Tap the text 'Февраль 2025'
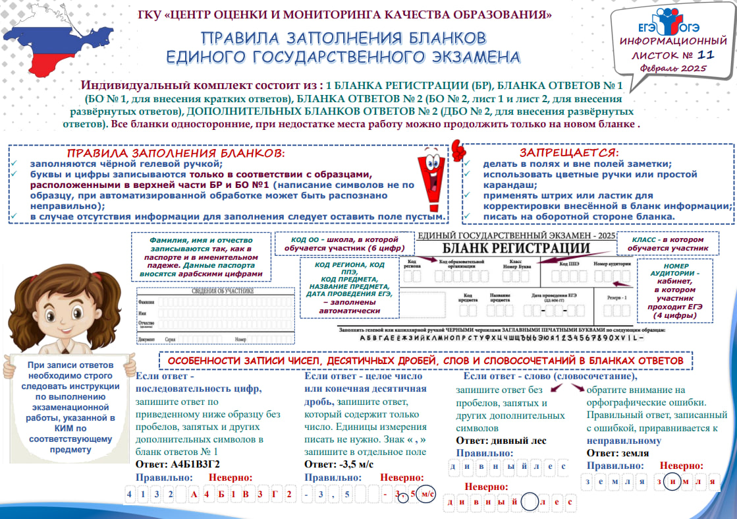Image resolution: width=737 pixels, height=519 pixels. tap(678, 69)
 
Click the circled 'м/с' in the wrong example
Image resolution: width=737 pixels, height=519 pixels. tap(426, 493)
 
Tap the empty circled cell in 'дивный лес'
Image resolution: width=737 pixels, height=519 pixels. tap(532, 502)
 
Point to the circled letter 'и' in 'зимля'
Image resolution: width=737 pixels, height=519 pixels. tap(673, 481)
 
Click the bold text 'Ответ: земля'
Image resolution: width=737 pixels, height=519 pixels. tap(617, 453)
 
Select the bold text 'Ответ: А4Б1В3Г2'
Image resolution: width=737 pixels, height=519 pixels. tap(177, 464)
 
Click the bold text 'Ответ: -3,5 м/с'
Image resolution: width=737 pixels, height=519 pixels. tap(339, 464)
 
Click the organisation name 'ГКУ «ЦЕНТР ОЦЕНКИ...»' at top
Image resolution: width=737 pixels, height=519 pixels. tap(345, 14)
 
